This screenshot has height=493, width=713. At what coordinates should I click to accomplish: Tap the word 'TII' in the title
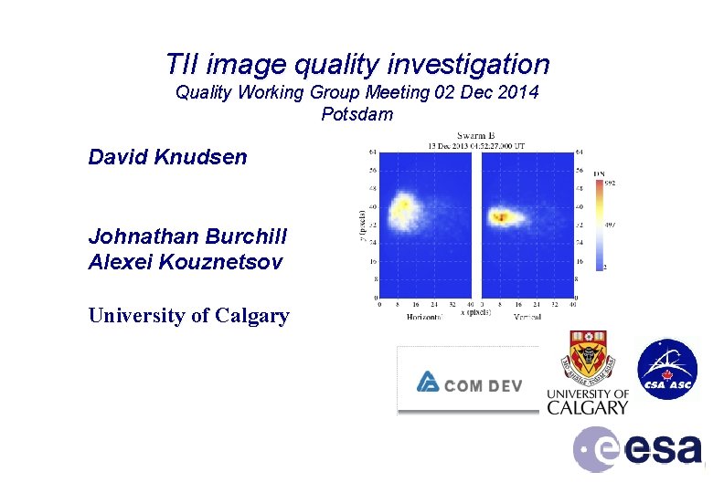[x=183, y=64]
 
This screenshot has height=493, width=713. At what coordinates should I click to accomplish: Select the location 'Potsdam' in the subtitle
[x=356, y=115]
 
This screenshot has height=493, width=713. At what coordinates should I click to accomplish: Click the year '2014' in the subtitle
[x=517, y=92]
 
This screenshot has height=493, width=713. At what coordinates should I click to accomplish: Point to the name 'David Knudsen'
[x=167, y=157]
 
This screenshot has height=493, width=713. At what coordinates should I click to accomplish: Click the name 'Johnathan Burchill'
[x=187, y=236]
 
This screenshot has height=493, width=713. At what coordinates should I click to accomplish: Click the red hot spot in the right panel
[x=501, y=216]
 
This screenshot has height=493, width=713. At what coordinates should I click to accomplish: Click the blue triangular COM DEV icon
[x=427, y=382]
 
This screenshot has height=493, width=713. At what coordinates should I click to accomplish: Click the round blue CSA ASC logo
[x=666, y=370]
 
